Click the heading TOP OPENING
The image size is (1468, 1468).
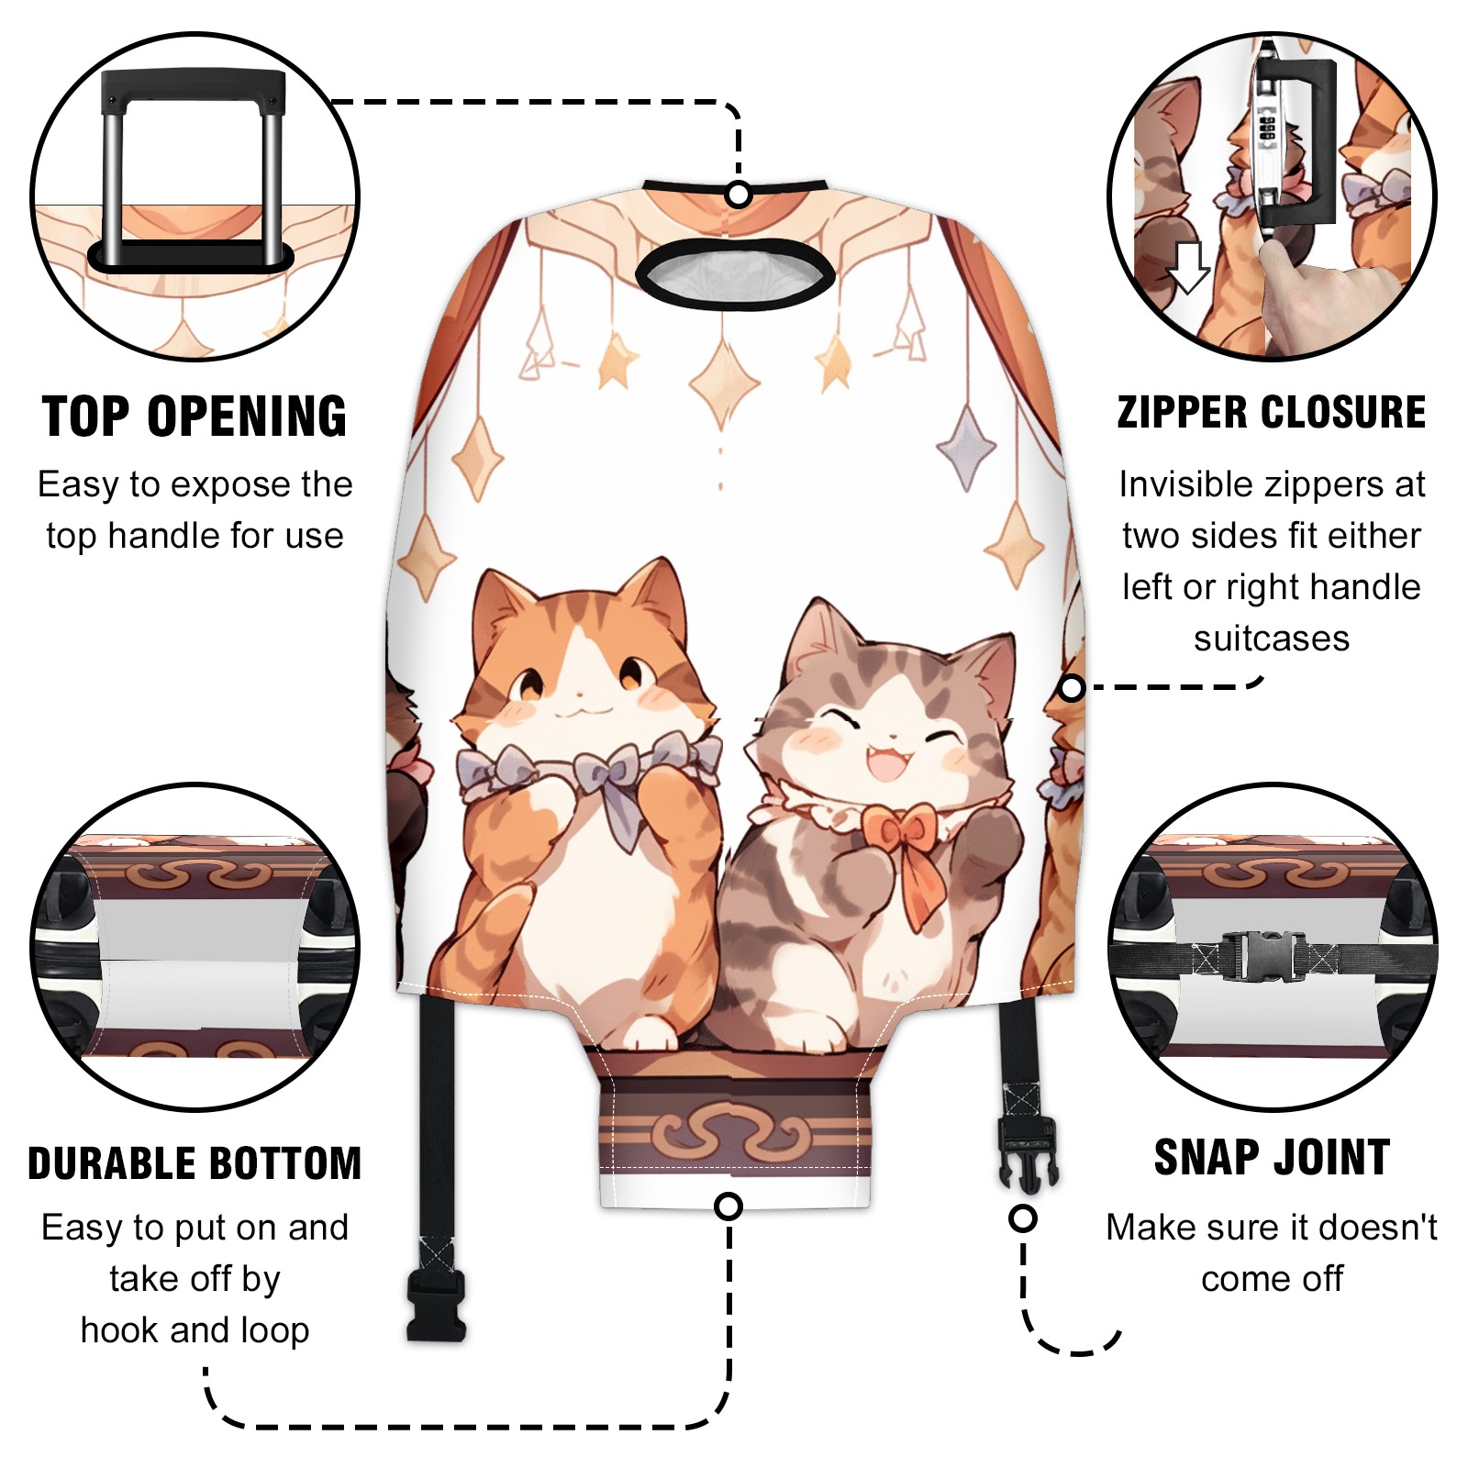point(195,417)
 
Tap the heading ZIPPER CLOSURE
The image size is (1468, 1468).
point(1272,412)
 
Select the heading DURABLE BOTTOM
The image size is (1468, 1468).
point(195,1163)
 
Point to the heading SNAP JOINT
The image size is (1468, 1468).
point(1272,1157)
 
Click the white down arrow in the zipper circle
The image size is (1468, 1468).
point(1188,267)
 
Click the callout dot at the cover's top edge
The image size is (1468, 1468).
point(738,195)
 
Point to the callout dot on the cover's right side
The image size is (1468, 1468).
point(1072,687)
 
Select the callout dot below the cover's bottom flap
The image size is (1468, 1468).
point(728,1206)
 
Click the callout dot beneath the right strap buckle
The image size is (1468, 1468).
point(1022,1218)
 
